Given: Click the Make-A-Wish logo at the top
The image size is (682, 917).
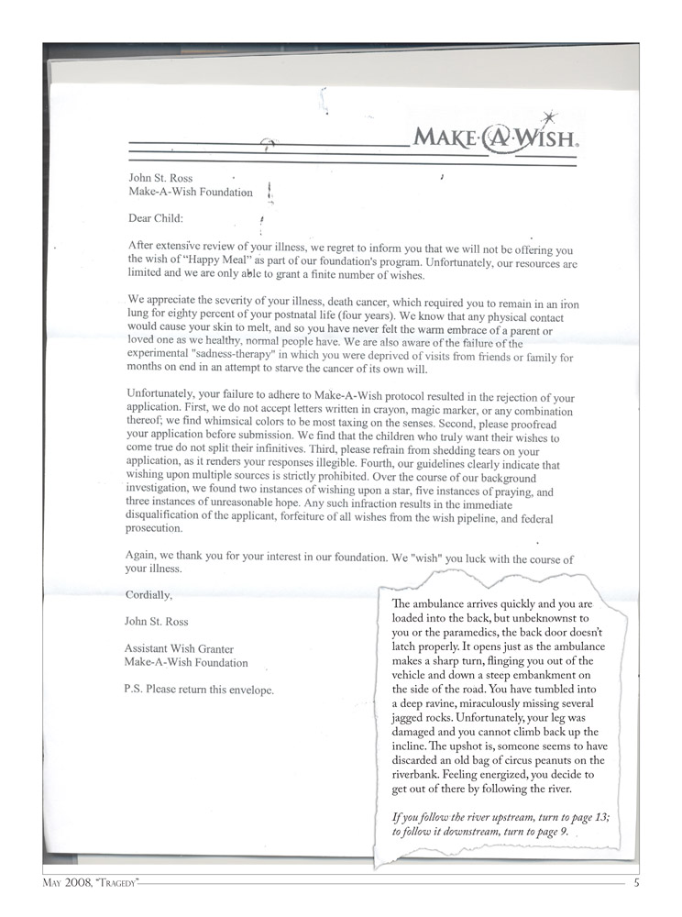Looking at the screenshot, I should click(x=495, y=139).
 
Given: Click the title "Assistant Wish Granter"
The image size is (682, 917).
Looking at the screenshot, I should click(x=179, y=649).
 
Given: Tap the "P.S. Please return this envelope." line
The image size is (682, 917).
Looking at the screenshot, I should click(x=199, y=690).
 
